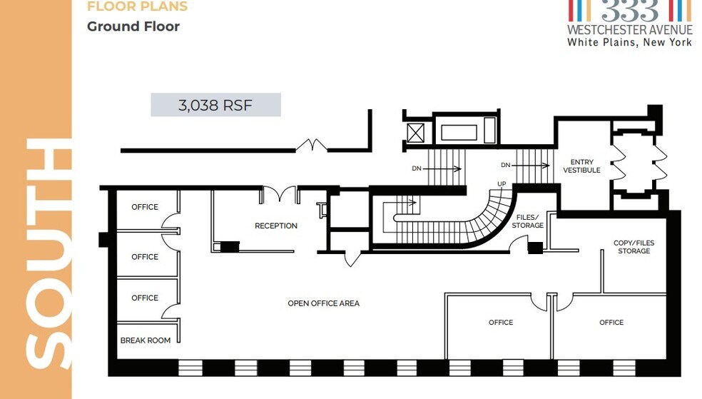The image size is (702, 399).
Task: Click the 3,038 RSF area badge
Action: point(215,105)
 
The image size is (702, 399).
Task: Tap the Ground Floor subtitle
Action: point(133,26)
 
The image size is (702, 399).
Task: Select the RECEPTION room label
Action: point(276,226)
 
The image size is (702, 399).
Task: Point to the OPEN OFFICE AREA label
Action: point(323,303)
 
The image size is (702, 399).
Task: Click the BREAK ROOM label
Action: point(146,340)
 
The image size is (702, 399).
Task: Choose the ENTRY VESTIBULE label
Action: point(581,166)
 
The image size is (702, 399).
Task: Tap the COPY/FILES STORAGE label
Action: point(634,247)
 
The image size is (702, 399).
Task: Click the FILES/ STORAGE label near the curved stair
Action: point(527,221)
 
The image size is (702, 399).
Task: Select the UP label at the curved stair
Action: point(502,184)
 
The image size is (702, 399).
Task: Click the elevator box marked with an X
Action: point(415,133)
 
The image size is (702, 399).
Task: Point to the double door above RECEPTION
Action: point(280,194)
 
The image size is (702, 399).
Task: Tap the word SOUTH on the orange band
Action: point(49,254)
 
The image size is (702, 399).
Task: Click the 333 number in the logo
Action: point(630,10)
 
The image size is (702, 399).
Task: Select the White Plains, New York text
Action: point(629,42)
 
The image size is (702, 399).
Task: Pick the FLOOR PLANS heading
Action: point(137,6)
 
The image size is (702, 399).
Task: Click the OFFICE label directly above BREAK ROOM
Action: point(145,298)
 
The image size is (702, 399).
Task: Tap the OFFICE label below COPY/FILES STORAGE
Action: point(611,323)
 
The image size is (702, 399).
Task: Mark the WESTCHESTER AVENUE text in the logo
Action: point(629,30)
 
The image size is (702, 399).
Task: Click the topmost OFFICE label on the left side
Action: point(145,207)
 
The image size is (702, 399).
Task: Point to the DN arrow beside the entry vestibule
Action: point(530,166)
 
